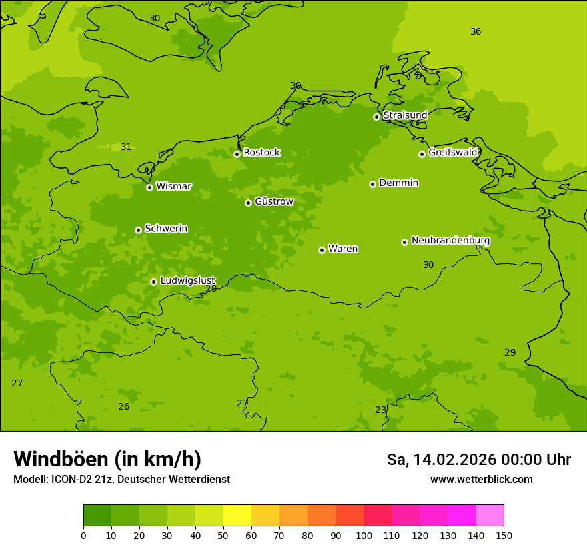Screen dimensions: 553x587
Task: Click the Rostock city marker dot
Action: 237,154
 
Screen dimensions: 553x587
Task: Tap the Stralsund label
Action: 405,115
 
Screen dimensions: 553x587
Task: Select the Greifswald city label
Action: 453,153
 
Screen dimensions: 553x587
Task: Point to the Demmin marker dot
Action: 372,184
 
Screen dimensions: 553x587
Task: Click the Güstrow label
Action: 274,201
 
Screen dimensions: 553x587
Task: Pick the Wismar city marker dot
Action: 149,187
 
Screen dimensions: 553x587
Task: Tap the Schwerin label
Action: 166,229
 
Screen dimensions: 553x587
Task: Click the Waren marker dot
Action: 322,250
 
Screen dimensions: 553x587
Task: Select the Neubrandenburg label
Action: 450,241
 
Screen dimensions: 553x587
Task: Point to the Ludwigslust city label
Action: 188,280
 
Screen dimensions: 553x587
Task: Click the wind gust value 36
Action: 476,31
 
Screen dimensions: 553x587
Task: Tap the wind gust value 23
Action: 380,410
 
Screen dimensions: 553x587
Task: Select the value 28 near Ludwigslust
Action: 211,288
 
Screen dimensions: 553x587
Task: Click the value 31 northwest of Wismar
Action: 126,147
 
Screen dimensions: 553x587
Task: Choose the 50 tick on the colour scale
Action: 223,535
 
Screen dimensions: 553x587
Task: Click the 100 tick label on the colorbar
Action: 364,535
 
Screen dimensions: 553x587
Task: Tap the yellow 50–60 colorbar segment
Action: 237,516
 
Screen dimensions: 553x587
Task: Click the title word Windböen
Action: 60,460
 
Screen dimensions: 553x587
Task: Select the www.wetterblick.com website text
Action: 481,480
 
